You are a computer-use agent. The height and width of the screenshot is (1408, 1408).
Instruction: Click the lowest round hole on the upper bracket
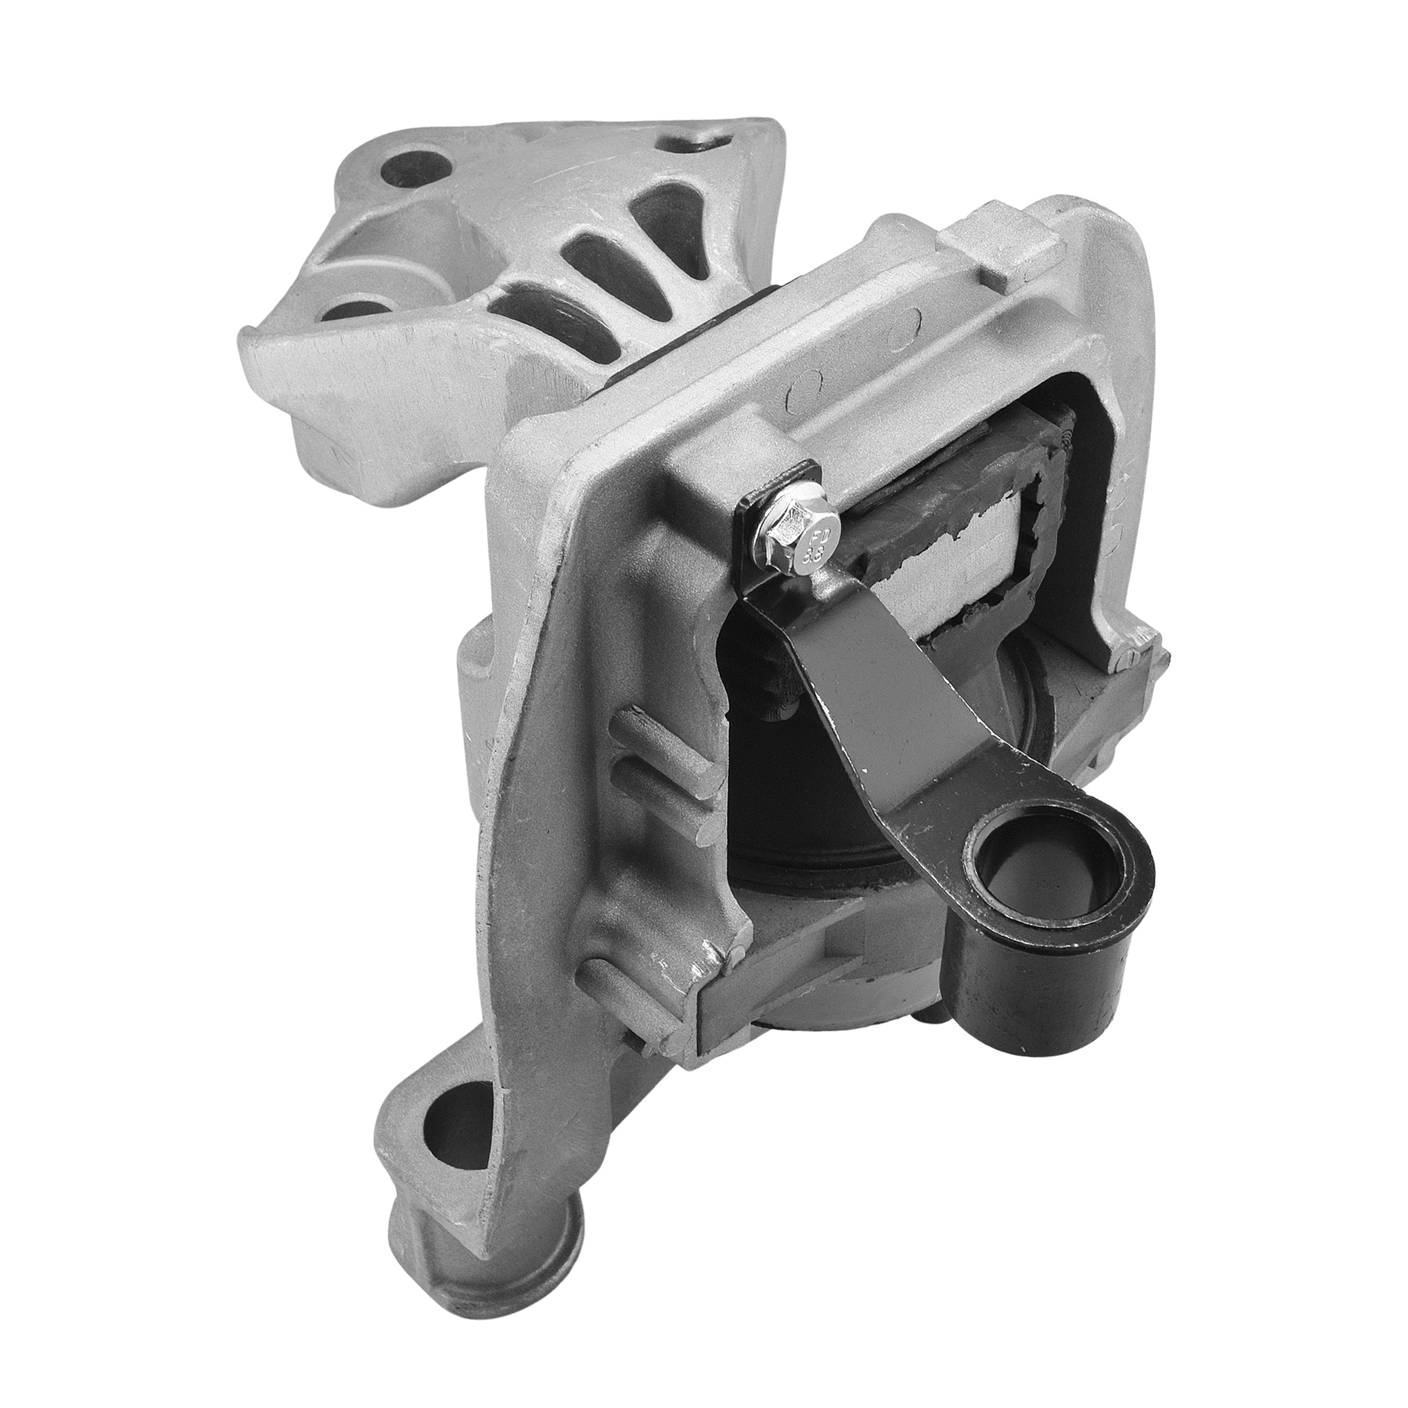[x=357, y=315]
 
